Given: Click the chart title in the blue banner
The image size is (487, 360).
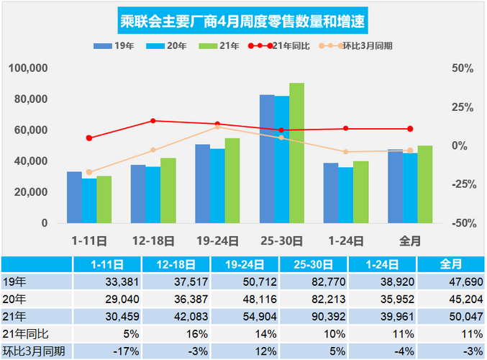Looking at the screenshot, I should (x=243, y=20).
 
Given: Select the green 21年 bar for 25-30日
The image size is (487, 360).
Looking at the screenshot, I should (x=296, y=153).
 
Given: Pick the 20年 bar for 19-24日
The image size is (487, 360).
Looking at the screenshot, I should (x=217, y=186).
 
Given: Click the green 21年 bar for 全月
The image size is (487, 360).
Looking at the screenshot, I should (x=425, y=184).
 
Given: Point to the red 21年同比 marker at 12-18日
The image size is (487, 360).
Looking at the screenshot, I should (x=153, y=121).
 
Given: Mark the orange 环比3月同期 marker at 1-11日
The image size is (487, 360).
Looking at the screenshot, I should (x=89, y=172).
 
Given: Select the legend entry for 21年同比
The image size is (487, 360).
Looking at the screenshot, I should (x=287, y=45).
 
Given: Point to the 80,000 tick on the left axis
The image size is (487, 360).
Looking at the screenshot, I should (x=28, y=99).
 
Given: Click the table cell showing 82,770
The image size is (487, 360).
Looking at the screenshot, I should (x=317, y=280).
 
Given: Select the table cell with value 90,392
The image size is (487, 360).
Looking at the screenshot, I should (x=317, y=315).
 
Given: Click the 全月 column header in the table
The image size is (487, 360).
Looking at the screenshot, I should (x=450, y=264).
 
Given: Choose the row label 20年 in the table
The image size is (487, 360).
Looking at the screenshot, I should (x=15, y=297).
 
